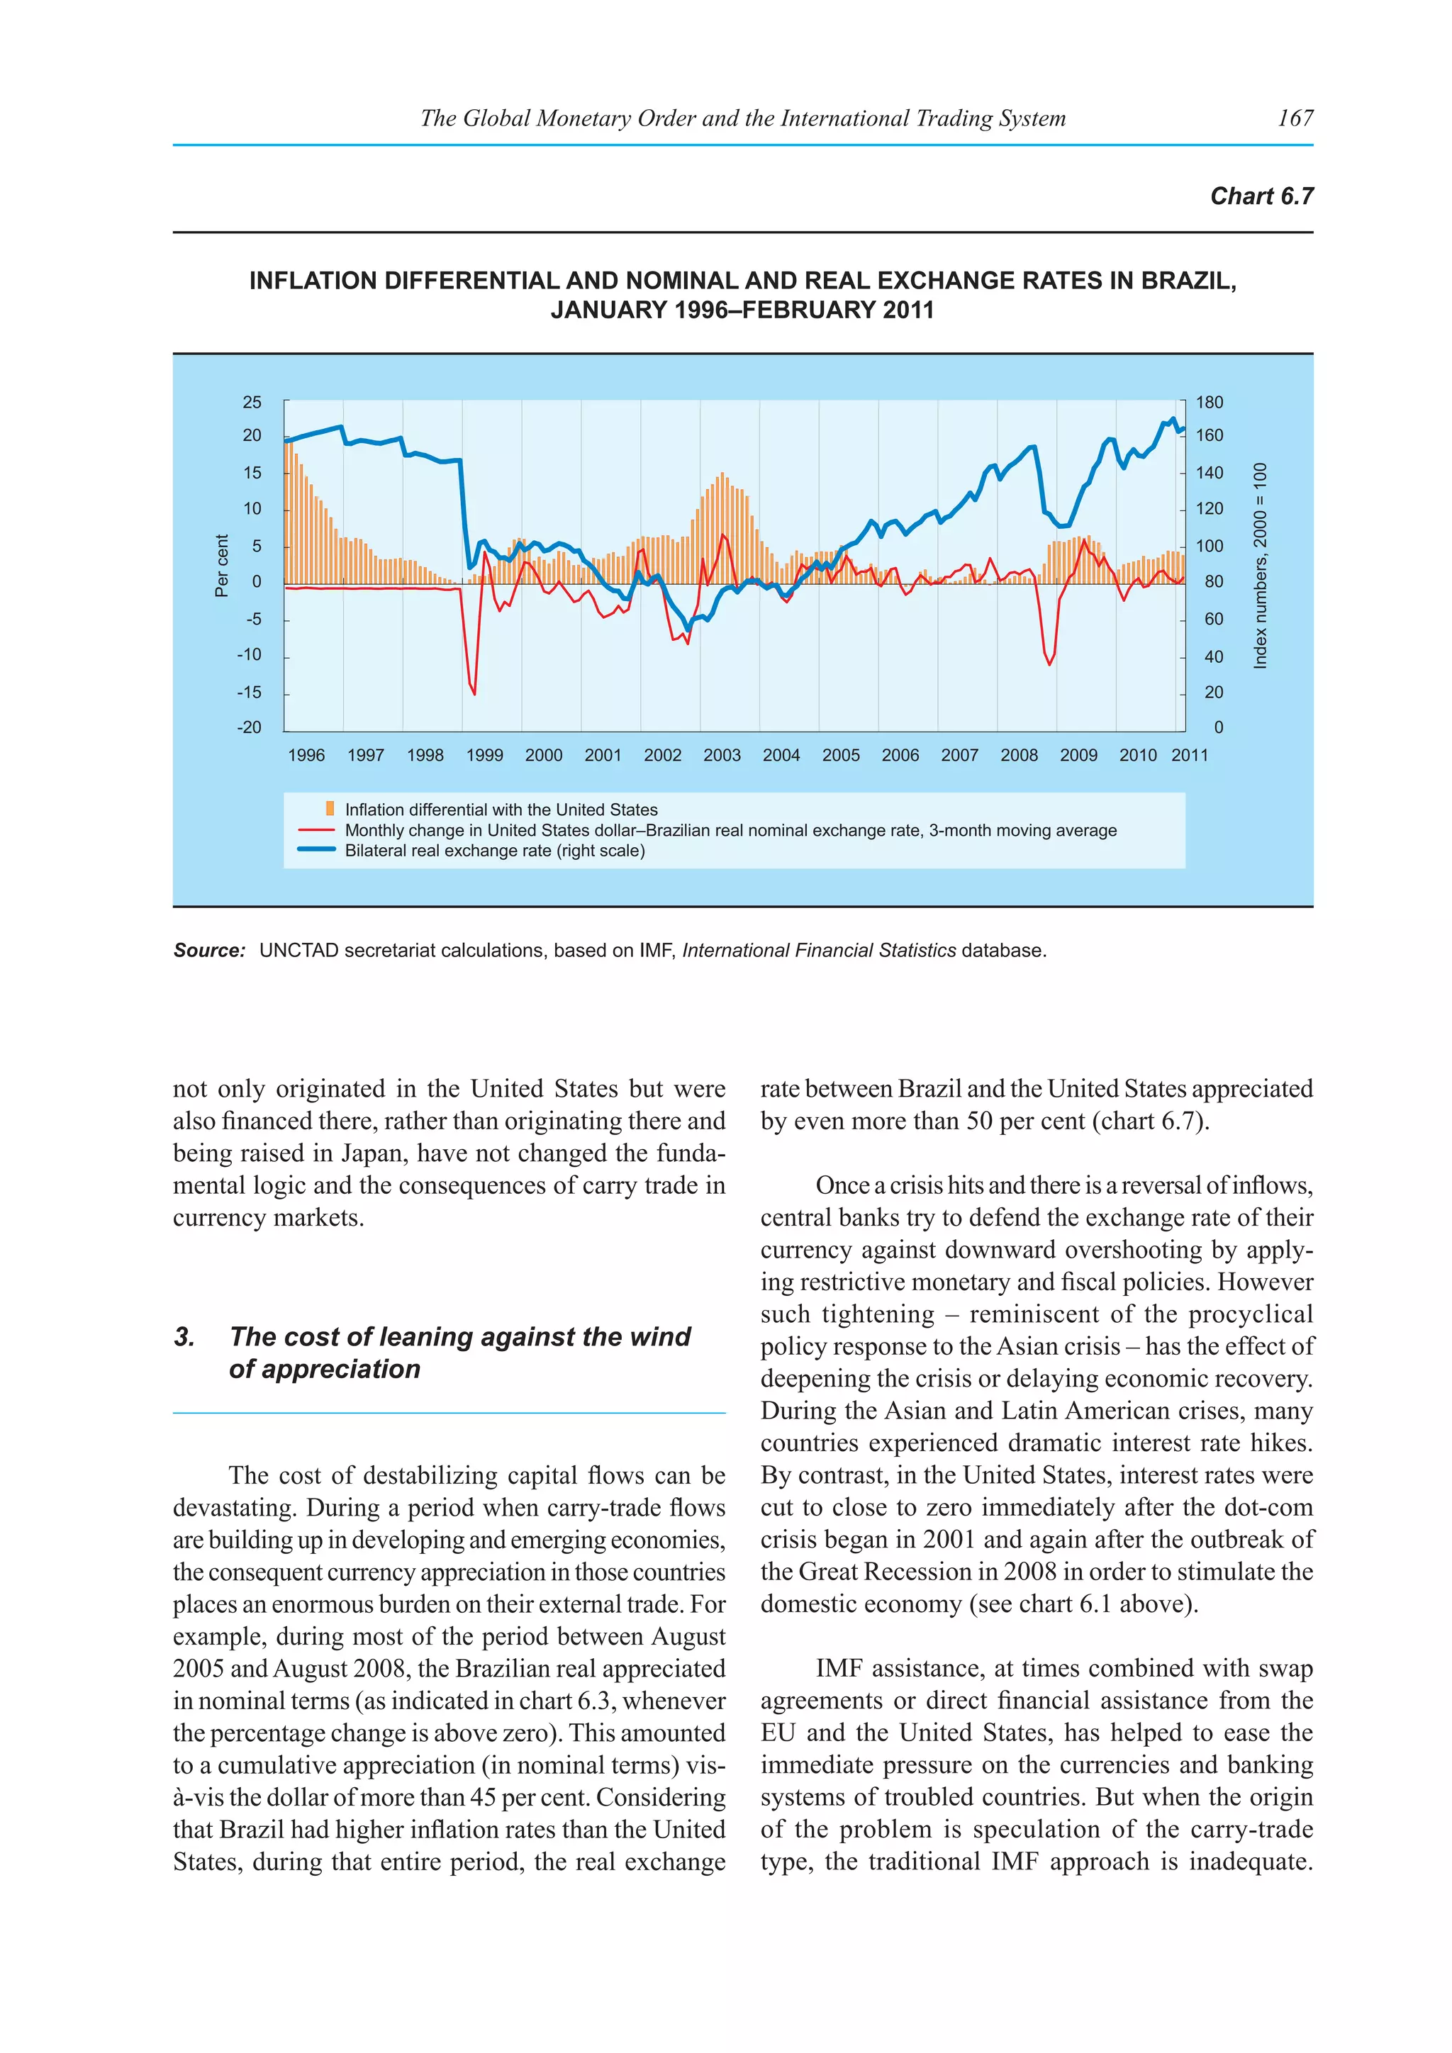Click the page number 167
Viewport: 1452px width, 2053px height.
click(x=1295, y=118)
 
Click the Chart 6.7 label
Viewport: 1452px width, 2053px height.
click(x=1261, y=196)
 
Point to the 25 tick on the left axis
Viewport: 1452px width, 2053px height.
click(x=252, y=403)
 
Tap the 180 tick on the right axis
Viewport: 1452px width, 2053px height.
click(x=1209, y=403)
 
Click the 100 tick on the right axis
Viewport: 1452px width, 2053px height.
click(x=1209, y=545)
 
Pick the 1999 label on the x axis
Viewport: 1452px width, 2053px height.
click(x=485, y=756)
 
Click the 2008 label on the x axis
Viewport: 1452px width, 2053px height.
click(x=1020, y=756)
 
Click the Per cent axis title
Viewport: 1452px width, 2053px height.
click(x=222, y=566)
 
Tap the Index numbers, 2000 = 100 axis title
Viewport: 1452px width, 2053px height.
click(x=1260, y=566)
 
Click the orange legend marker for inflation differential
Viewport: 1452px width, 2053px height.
click(x=330, y=808)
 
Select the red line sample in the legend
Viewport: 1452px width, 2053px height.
click(x=315, y=830)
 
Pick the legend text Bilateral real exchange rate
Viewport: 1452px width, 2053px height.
click(x=494, y=851)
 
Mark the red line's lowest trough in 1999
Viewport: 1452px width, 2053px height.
click(x=474, y=694)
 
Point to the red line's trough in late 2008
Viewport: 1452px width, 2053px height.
click(x=1050, y=664)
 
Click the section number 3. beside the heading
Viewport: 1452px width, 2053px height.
click(x=184, y=1337)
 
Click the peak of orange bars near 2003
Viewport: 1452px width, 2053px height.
click(x=722, y=474)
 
